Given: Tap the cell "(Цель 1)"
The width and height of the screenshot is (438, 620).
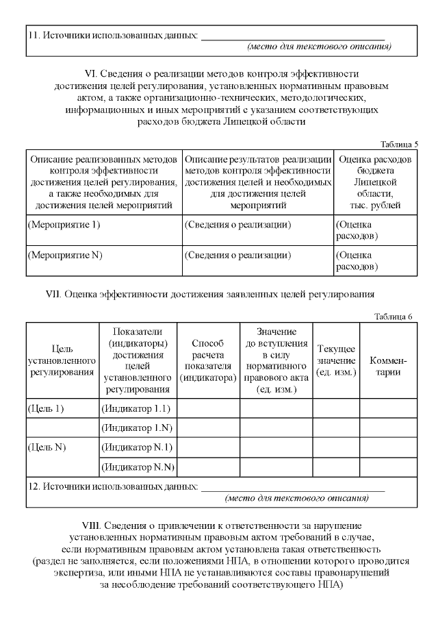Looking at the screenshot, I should pos(45,408).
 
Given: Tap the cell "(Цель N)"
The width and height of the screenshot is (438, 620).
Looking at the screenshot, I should pos(47,447).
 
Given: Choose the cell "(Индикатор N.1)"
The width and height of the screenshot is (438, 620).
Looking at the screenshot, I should pos(137,447).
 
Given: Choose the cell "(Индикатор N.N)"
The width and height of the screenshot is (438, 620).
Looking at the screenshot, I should pos(138,467).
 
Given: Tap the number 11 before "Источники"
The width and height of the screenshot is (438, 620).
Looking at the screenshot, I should pos(34,35).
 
